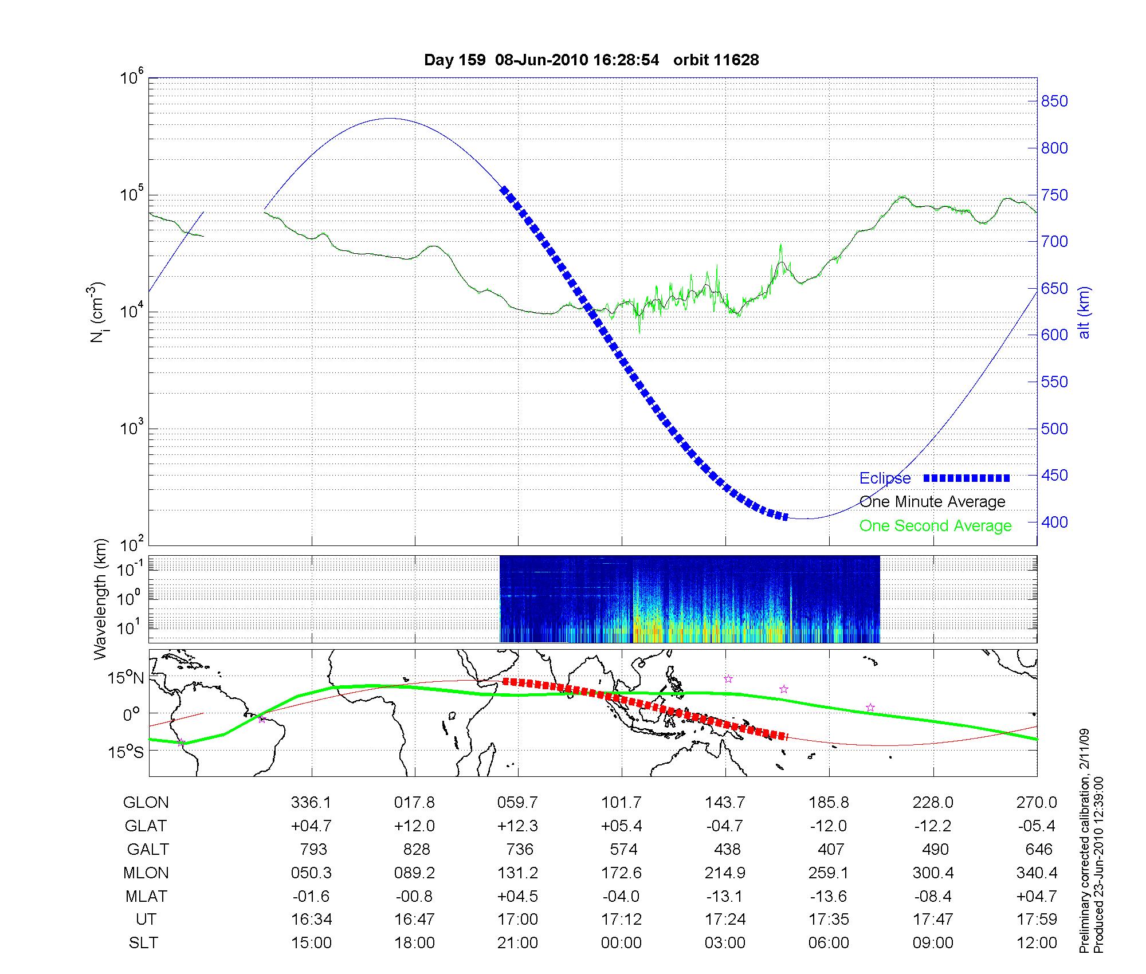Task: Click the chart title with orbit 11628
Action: [591, 60]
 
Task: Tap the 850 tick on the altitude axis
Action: [1054, 101]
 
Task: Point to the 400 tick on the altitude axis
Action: [1054, 522]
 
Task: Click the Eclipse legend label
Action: [885, 478]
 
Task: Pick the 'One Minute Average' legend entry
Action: [932, 502]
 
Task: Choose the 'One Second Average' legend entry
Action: [935, 525]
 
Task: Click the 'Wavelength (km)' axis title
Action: [100, 599]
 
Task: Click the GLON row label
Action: [146, 803]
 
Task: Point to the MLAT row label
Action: [146, 896]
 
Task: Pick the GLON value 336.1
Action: [311, 803]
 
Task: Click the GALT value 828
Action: [416, 849]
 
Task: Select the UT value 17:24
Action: [725, 920]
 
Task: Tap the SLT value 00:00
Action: [621, 942]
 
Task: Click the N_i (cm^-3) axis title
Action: [97, 312]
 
